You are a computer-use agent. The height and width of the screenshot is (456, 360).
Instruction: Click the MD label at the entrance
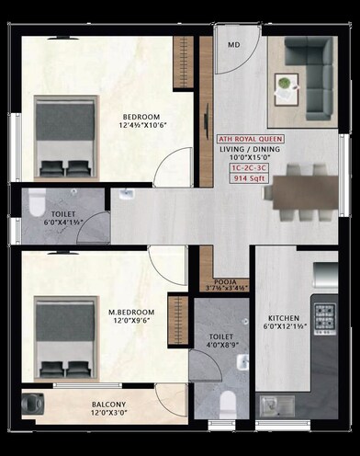tap(234, 44)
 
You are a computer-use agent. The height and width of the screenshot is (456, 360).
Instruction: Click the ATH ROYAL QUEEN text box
tap(250, 140)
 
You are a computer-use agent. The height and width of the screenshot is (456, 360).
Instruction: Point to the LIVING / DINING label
tap(250, 150)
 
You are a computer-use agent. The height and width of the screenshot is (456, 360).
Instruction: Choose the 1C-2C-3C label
tap(250, 168)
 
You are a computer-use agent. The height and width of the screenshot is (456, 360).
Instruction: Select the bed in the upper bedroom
tap(64, 138)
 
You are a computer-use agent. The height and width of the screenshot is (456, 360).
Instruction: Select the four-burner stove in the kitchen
tap(325, 316)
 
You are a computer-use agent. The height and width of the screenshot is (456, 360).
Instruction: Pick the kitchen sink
tap(272, 404)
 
